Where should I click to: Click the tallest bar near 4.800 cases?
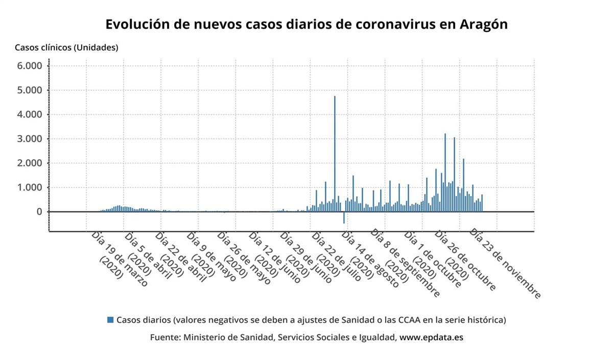coord(335,153)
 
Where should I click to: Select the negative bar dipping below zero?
coord(344,218)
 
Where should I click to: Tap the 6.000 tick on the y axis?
coord(30,66)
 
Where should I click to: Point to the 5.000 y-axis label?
coord(30,90)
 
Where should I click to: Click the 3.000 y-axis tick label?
coord(30,139)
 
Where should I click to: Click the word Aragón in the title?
coord(483,25)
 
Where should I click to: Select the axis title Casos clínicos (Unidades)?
coord(66,47)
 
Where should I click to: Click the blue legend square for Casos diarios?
coord(110,320)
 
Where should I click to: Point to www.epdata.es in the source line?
coord(431,338)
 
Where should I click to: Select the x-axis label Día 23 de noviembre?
coord(505,263)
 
